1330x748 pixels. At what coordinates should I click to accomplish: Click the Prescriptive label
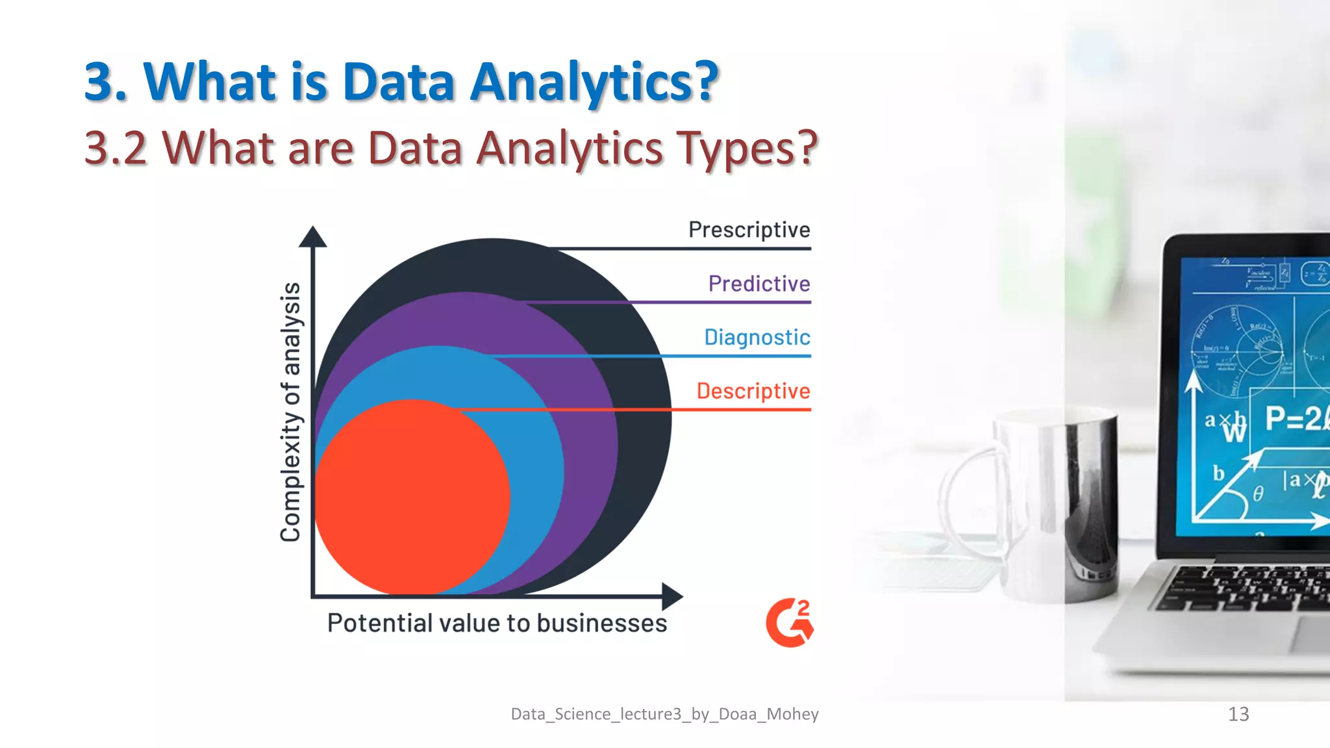[749, 230]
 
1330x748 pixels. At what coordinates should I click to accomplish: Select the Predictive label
[759, 284]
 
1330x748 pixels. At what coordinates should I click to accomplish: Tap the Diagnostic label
[757, 338]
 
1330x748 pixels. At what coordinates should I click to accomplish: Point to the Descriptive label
[753, 391]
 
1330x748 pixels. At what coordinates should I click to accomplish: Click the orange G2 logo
[789, 623]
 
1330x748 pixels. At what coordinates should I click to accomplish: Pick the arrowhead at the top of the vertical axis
[312, 237]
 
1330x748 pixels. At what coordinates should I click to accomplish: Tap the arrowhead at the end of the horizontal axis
[671, 595]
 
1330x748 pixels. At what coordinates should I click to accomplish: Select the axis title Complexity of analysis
[290, 412]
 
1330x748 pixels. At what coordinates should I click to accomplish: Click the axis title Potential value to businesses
[497, 623]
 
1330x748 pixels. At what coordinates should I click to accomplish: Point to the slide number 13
[1238, 714]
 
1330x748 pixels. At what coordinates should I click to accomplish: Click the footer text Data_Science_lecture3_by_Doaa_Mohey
[664, 714]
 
